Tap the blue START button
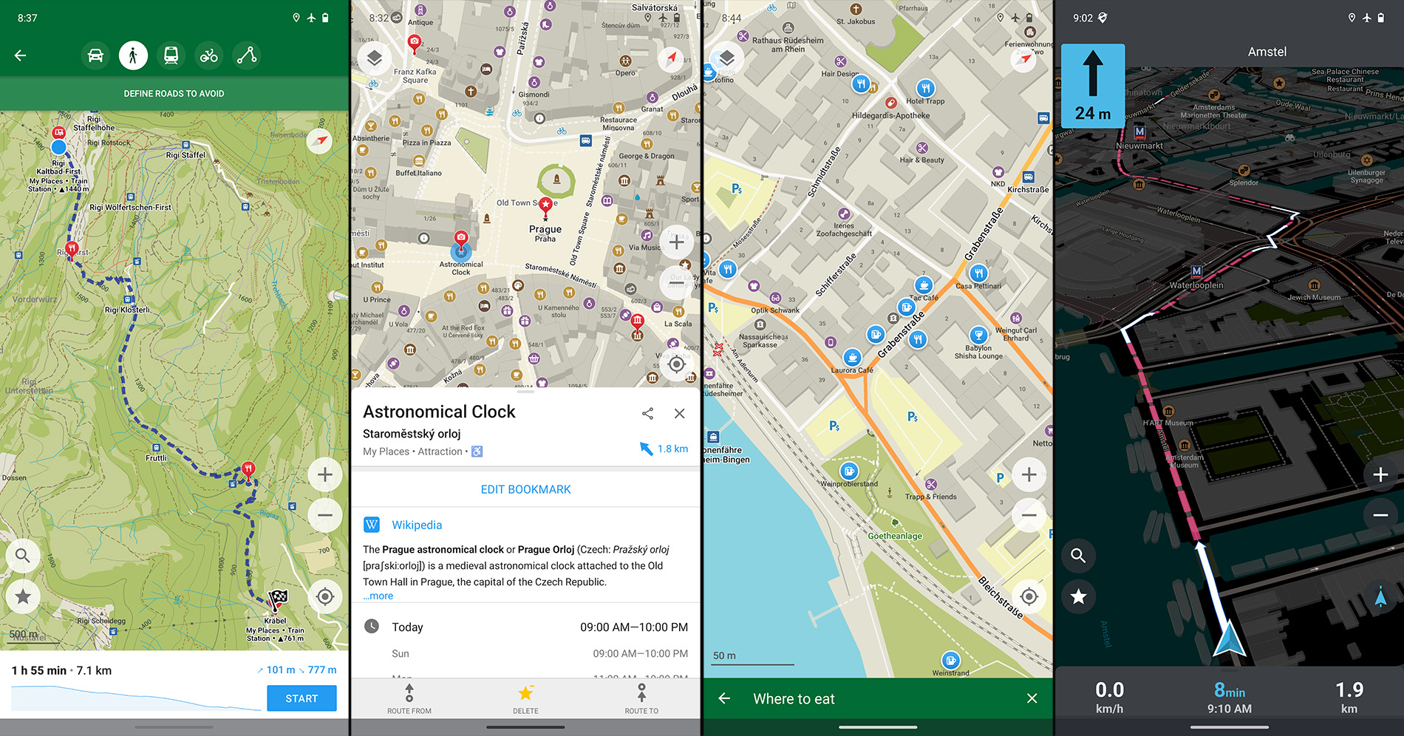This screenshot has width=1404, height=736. point(301,698)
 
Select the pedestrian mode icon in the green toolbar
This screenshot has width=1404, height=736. point(133,55)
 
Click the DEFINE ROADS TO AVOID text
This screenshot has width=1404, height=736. point(174,94)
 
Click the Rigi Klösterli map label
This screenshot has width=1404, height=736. point(127,310)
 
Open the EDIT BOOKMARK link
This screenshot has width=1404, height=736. point(525,489)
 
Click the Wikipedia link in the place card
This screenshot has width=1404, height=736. point(417,525)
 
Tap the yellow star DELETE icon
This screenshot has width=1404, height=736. point(525,694)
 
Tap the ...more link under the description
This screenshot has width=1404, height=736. point(378,596)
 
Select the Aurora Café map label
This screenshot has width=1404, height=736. point(852,370)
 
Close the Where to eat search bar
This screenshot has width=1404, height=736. point(1032,698)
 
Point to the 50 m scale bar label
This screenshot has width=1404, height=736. point(724,655)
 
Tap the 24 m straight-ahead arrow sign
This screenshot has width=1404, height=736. point(1093,86)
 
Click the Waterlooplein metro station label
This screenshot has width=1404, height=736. point(1196,285)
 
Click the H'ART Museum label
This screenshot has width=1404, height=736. point(1168,423)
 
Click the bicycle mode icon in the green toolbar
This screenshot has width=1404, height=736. point(209,55)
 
